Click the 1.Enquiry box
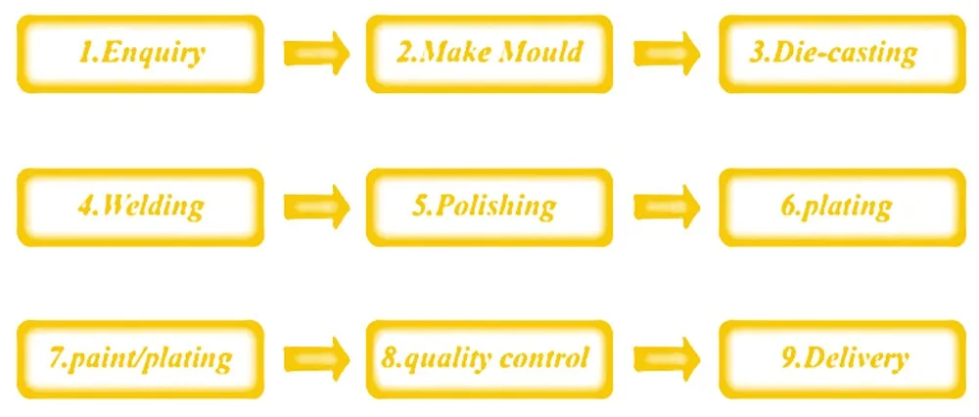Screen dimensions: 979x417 (140, 54)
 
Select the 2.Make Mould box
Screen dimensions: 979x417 (489, 54)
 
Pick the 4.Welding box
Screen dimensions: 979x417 (140, 207)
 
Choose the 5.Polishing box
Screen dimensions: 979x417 (489, 207)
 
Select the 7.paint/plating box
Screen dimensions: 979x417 (140, 359)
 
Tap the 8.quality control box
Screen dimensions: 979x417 (489, 359)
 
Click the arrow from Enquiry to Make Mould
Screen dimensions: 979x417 (316, 54)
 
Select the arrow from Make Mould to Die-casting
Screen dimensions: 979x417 (666, 54)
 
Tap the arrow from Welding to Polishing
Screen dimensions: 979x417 (316, 207)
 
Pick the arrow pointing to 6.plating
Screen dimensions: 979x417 (666, 207)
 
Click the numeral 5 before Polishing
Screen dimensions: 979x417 (418, 206)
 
